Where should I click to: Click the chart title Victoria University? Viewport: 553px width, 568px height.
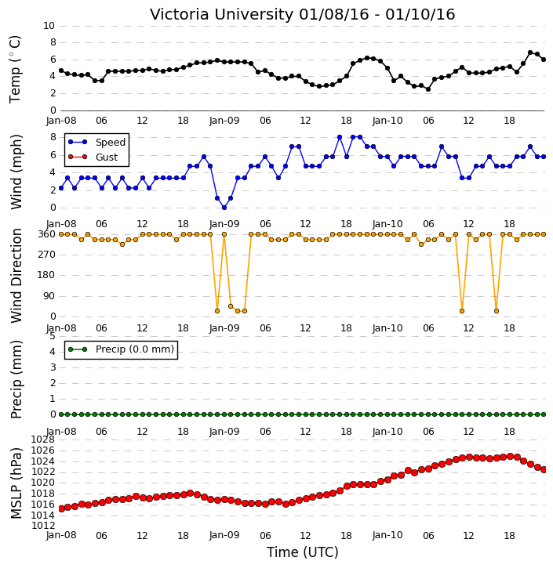pos(221,15)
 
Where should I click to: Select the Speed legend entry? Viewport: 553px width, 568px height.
pos(96,142)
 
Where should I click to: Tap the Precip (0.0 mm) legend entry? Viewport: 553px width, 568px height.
pos(121,349)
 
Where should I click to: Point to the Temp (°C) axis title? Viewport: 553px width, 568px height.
pos(15,69)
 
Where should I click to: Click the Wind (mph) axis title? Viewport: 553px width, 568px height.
pos(16,172)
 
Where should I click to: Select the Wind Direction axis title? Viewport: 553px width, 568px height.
pos(16,276)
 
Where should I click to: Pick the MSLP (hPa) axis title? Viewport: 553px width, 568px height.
pos(16,483)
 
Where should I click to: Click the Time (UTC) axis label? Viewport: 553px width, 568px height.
pos(303,552)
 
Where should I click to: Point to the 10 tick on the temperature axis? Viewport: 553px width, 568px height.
pos(49,26)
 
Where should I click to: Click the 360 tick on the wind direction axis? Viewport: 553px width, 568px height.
pos(47,234)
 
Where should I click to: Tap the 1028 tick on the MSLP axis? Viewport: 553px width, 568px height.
pos(43,440)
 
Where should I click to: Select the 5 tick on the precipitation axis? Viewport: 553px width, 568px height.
pos(53,336)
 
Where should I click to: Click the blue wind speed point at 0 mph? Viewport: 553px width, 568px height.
pos(224,208)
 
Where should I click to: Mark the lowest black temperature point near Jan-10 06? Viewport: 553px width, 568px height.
pos(428,89)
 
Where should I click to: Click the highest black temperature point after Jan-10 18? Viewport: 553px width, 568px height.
pos(530,52)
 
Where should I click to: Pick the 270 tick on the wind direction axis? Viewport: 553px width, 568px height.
pos(47,255)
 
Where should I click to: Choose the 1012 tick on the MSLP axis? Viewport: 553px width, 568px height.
pos(43,526)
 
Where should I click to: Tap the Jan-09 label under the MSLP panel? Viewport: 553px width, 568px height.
pos(224,535)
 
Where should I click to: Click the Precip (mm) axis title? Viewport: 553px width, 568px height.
pos(16,379)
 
